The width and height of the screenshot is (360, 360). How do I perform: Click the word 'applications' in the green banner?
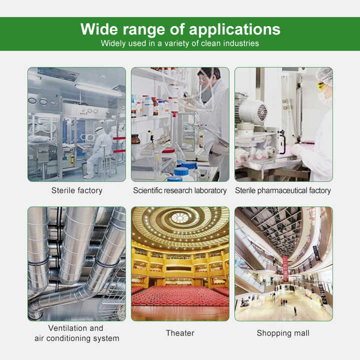(x=234, y=30)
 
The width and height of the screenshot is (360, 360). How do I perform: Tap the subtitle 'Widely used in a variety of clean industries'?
(x=180, y=43)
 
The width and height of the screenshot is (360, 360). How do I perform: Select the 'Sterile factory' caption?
(x=76, y=190)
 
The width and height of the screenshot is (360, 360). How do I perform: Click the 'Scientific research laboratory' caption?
(x=180, y=190)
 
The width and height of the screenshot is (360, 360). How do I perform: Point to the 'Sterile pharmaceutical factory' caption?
(x=283, y=190)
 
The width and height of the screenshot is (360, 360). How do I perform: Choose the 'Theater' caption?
(x=180, y=333)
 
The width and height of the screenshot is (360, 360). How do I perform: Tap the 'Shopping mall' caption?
(x=283, y=333)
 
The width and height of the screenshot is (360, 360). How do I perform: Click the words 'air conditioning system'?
(x=77, y=338)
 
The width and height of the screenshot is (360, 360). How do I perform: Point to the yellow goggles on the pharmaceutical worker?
(x=320, y=86)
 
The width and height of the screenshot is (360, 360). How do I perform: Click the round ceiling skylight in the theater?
(x=180, y=217)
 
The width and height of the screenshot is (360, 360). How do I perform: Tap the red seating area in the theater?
(x=180, y=295)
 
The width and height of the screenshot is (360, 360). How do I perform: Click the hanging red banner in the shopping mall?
(x=285, y=268)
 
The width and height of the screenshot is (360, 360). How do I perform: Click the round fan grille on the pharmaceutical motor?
(x=262, y=112)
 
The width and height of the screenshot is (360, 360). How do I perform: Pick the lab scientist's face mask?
(x=206, y=94)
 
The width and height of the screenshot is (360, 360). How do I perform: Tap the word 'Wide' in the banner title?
(x=99, y=29)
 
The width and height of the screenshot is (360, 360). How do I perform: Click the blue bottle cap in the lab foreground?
(x=181, y=171)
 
